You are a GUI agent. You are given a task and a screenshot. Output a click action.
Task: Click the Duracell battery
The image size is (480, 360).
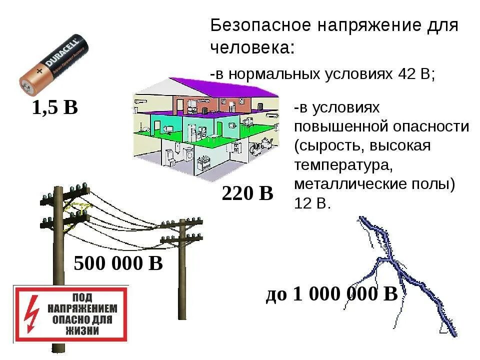click(x=55, y=64)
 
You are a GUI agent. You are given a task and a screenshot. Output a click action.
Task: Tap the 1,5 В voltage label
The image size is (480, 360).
click(x=55, y=107)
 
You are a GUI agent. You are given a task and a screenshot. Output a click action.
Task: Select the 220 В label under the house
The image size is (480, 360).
click(x=247, y=193)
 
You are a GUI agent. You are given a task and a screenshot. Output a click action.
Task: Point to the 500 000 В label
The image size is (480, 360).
click(x=118, y=263)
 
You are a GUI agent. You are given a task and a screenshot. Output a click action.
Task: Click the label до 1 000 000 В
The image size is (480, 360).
click(x=331, y=294)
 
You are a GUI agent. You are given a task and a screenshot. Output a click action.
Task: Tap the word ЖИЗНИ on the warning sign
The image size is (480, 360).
click(x=81, y=330)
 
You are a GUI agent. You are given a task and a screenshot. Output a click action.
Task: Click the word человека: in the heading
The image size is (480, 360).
click(x=252, y=48)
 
